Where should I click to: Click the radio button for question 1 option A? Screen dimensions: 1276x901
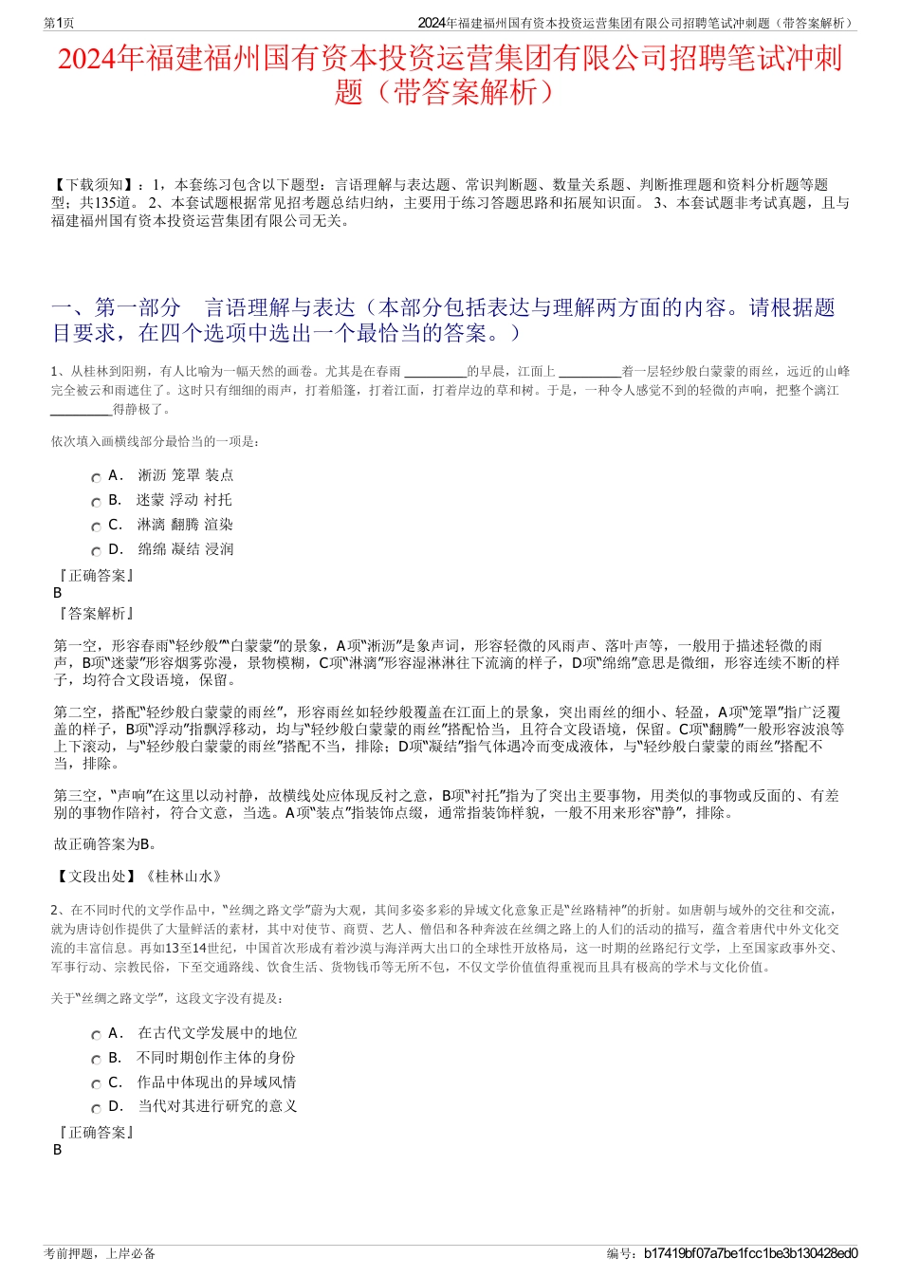pyautogui.click(x=96, y=478)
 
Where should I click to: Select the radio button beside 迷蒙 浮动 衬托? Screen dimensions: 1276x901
pyautogui.click(x=96, y=503)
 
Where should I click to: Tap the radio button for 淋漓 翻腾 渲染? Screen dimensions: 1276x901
pyautogui.click(x=96, y=527)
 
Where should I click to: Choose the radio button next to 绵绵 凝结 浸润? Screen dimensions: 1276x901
pyautogui.click(x=96, y=552)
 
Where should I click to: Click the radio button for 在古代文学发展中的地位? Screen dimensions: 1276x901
pyautogui.click(x=96, y=1036)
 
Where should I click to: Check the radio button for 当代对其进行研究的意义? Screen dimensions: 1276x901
pyautogui.click(x=96, y=1109)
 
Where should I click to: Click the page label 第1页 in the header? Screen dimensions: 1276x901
pyautogui.click(x=60, y=23)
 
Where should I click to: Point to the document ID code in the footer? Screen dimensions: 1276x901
pyautogui.click(x=750, y=1253)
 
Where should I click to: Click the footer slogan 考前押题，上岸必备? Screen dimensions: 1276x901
pyautogui.click(x=100, y=1253)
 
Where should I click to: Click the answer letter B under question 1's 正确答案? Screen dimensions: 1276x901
pyautogui.click(x=58, y=593)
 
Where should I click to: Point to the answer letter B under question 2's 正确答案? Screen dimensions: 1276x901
pyautogui.click(x=58, y=1150)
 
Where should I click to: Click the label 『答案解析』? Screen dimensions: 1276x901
pyautogui.click(x=95, y=614)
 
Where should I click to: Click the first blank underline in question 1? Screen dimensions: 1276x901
pyautogui.click(x=435, y=373)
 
